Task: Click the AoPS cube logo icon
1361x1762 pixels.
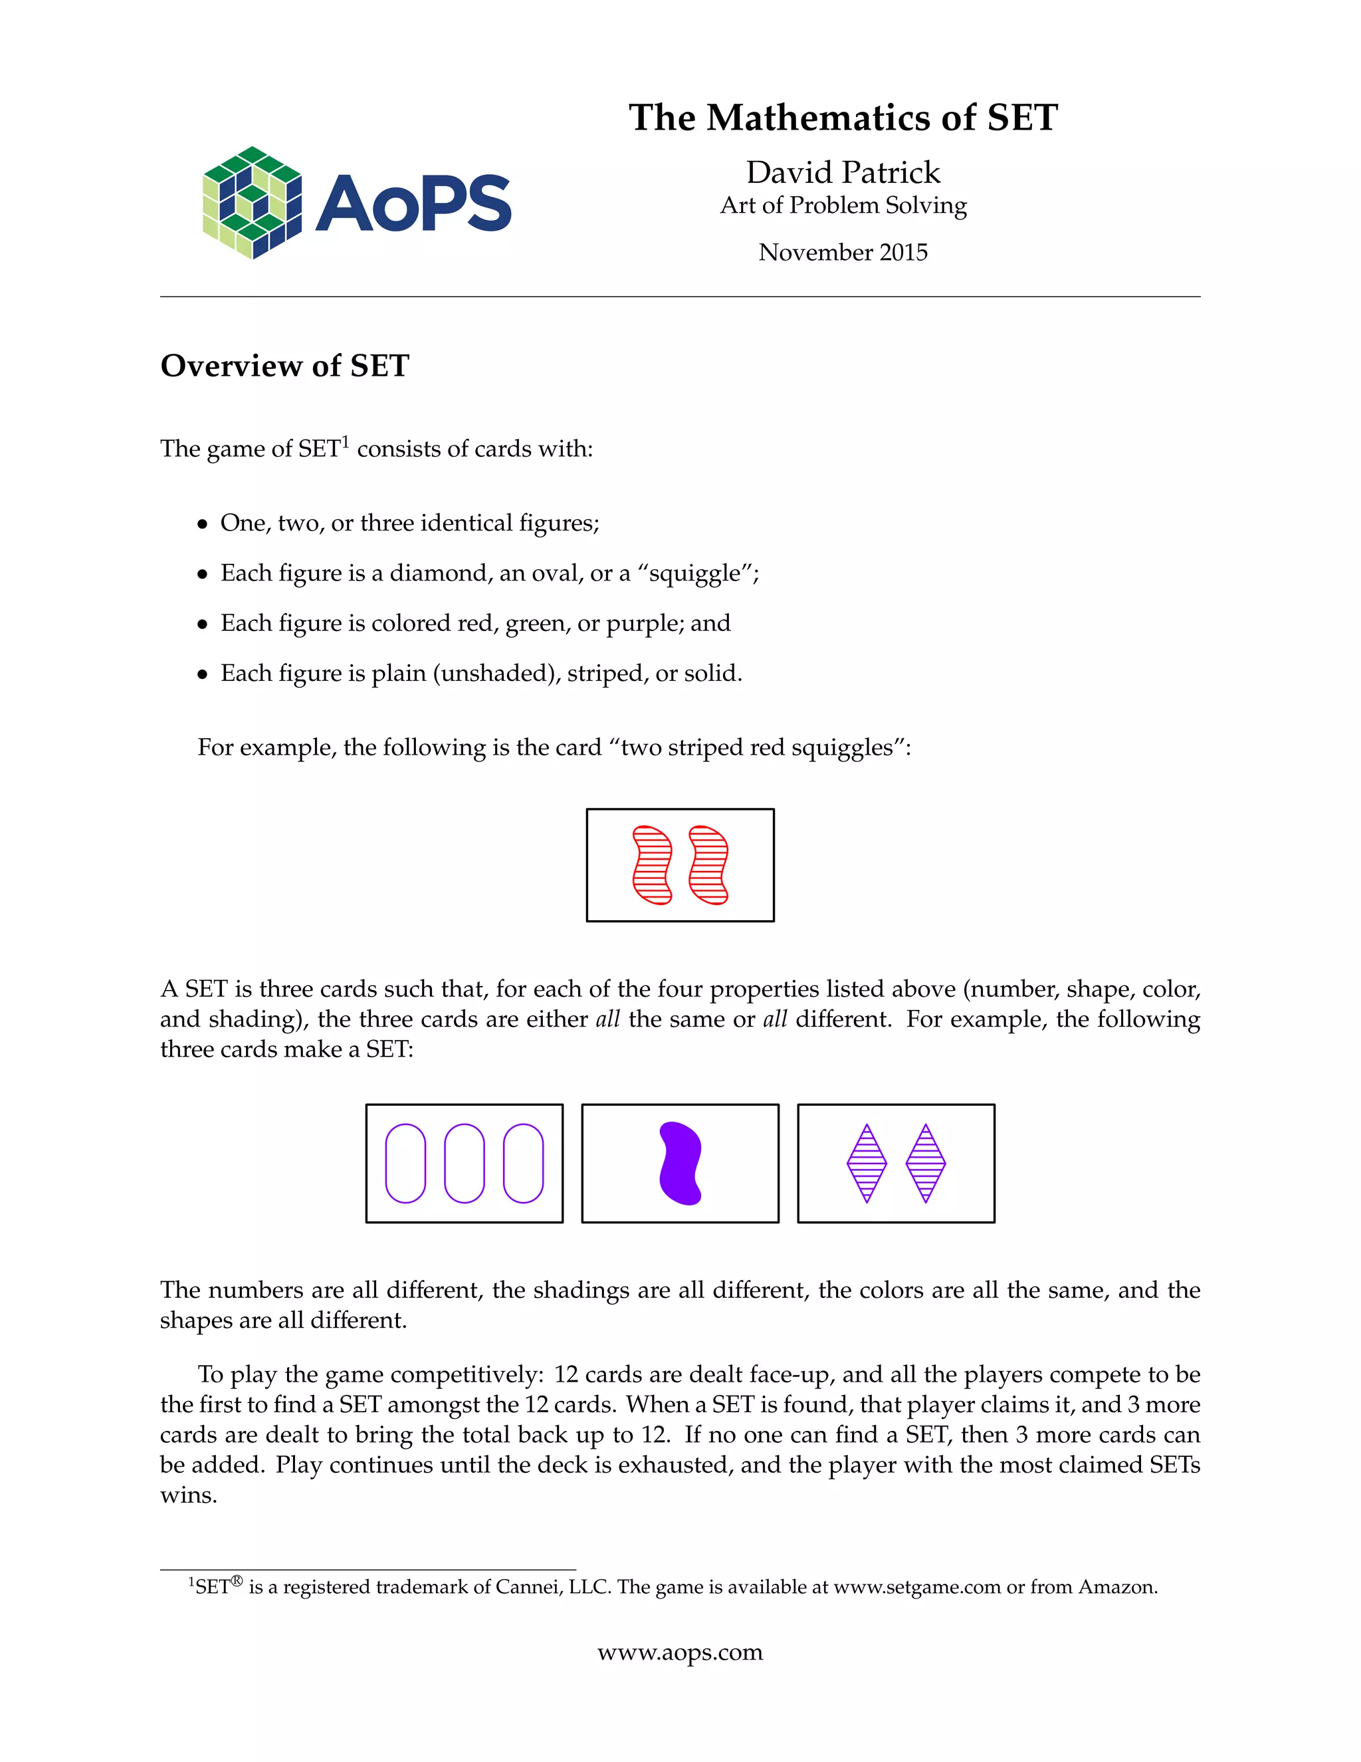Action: tap(253, 203)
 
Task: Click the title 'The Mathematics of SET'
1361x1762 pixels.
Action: tap(843, 118)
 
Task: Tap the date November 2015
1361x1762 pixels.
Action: tap(843, 253)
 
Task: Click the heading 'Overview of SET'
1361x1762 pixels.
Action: tap(284, 366)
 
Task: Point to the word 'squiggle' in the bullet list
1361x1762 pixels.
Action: tap(694, 574)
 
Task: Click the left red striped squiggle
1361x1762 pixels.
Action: tap(653, 865)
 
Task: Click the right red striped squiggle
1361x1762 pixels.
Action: tap(708, 865)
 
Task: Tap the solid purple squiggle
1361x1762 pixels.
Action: tap(680, 1164)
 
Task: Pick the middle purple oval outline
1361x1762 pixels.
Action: tap(465, 1164)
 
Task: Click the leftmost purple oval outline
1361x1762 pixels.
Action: tap(405, 1164)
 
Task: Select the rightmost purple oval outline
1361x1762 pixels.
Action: tap(523, 1164)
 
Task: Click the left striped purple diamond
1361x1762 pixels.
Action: tap(867, 1164)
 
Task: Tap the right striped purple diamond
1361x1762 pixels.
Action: tap(926, 1164)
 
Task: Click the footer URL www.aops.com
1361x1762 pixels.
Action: tap(680, 1653)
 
